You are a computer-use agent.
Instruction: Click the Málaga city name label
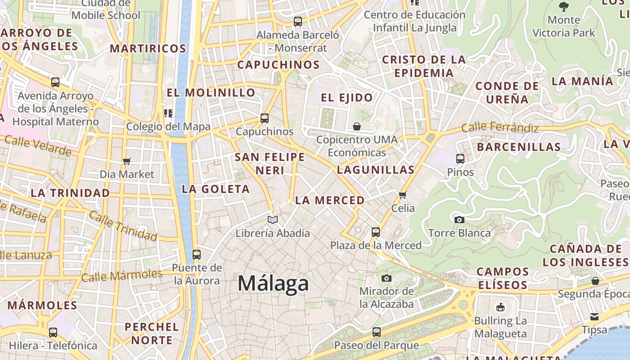tap(273, 283)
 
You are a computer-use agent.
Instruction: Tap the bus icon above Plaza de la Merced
tap(375, 233)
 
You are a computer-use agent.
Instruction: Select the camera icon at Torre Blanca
tap(459, 220)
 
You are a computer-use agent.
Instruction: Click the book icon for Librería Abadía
tap(272, 220)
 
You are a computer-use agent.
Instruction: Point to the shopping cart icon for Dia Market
tap(126, 161)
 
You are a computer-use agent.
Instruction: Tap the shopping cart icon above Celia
tap(403, 195)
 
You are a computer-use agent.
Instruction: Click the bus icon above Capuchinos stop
tap(265, 118)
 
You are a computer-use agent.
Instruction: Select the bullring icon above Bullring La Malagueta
tap(500, 308)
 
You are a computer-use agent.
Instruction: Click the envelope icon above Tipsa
tap(594, 317)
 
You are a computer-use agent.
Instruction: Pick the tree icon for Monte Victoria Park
tap(563, 7)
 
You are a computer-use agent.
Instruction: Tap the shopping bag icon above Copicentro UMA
tap(356, 126)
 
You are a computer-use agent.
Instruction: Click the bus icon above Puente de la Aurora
tap(196, 255)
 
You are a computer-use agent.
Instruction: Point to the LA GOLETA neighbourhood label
tap(216, 189)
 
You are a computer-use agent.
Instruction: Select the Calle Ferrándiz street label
tap(500, 128)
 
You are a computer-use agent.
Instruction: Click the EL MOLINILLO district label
tap(211, 93)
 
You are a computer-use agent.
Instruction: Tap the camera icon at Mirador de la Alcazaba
tap(386, 279)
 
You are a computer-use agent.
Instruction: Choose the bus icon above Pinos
tap(460, 159)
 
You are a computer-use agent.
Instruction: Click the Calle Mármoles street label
tap(122, 275)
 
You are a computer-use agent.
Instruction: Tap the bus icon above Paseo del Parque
tap(376, 333)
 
